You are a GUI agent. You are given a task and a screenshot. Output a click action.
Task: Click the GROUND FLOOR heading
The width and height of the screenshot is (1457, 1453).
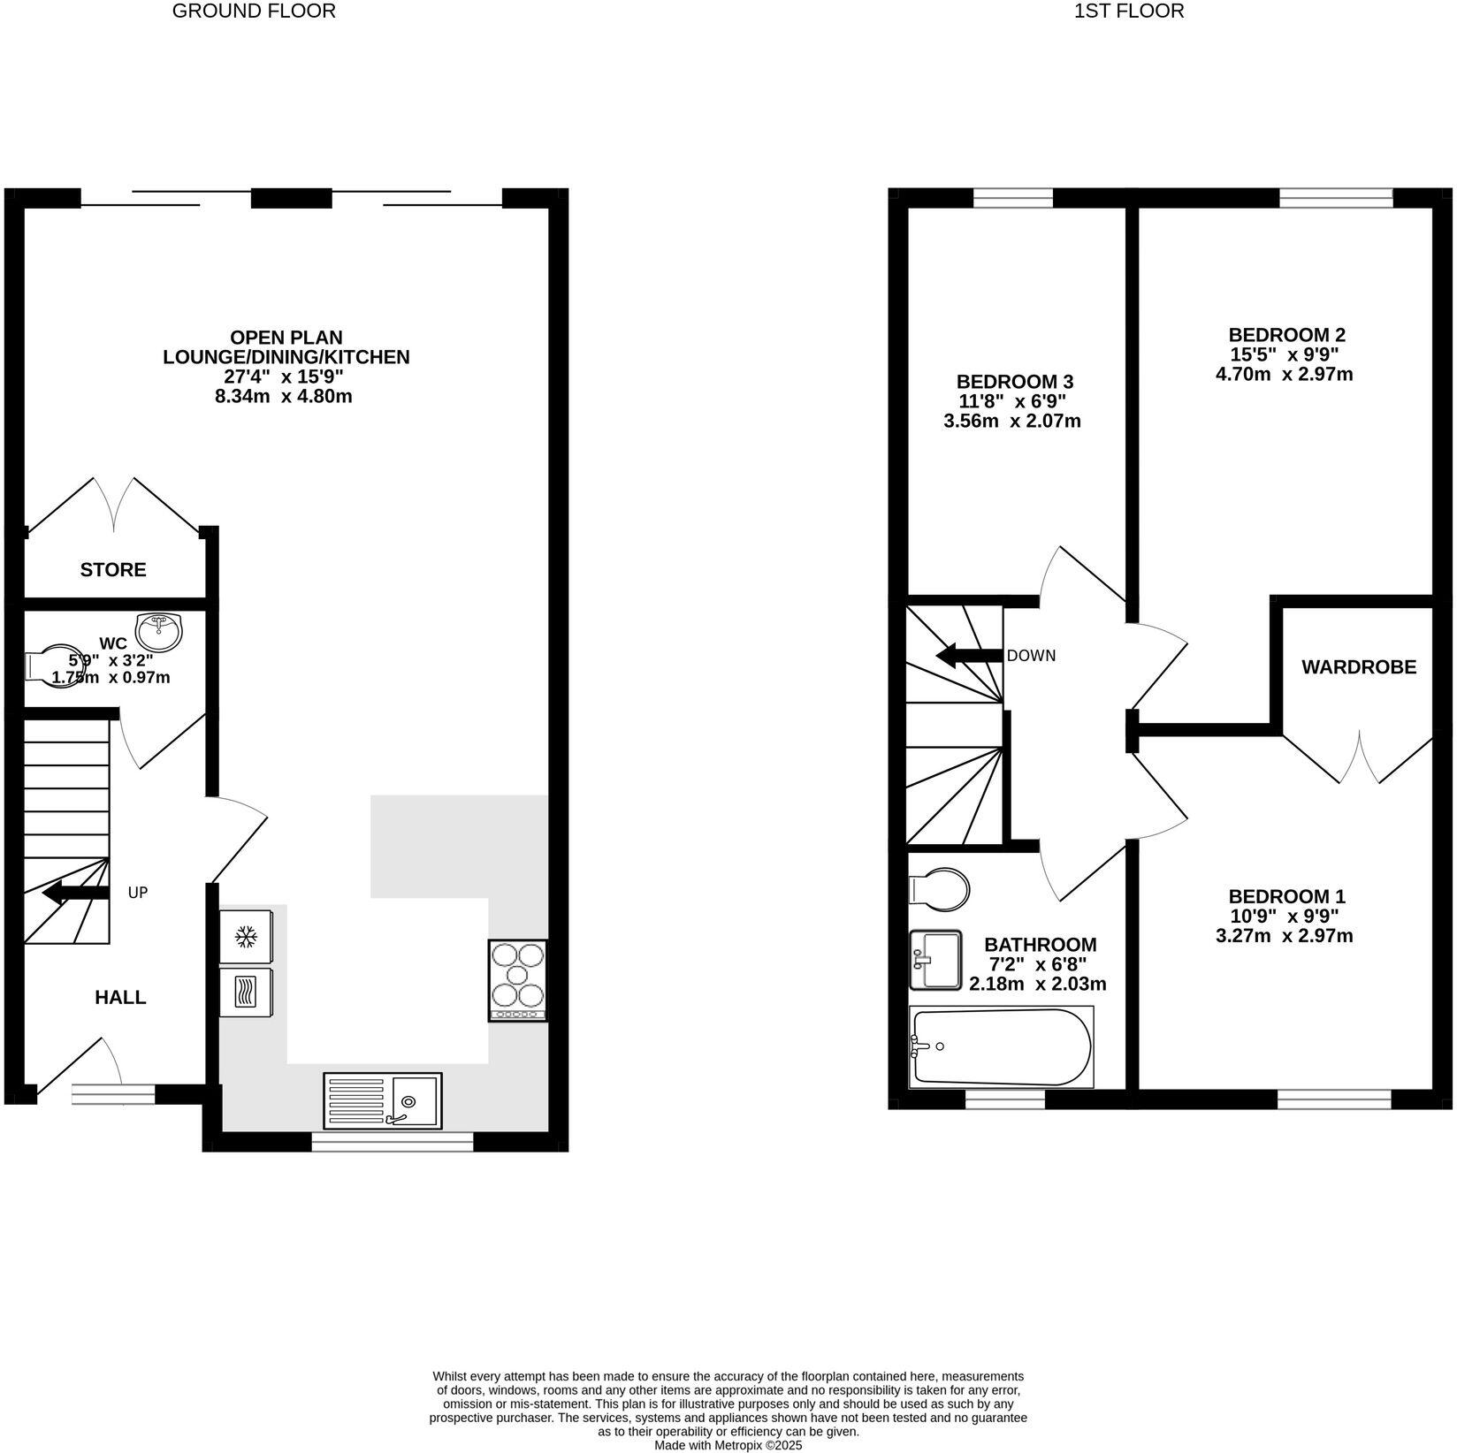point(254,11)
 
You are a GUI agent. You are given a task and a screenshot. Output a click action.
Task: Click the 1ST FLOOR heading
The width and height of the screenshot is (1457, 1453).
point(1128,11)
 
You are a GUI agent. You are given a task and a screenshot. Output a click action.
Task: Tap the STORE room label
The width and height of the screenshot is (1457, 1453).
point(113,570)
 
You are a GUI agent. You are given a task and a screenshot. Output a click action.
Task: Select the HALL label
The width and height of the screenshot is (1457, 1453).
point(120,998)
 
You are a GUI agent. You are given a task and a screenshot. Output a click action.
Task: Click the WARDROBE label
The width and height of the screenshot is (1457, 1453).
point(1358,667)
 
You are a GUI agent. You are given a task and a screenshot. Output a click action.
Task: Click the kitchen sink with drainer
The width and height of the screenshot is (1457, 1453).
point(382,1100)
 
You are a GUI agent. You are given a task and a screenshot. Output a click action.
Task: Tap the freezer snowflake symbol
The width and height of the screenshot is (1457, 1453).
point(245,937)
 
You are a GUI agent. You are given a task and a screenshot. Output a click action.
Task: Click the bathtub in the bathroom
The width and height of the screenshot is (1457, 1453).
point(1001,1047)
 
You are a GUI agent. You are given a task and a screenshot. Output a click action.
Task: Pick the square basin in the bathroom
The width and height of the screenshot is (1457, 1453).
point(935,960)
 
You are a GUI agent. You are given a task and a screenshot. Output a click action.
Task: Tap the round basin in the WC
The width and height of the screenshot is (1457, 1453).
point(160,630)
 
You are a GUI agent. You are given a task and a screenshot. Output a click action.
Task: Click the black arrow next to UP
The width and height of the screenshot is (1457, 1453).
point(75,893)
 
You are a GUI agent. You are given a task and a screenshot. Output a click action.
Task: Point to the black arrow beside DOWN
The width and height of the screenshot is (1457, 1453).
point(969,656)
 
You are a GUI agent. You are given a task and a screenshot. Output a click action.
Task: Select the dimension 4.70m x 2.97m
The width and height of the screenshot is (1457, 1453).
point(1284,374)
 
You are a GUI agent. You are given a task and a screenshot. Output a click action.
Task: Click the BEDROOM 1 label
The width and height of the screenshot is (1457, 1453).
point(1286,897)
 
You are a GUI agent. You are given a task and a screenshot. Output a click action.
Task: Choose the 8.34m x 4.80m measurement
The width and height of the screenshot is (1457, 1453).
point(284,397)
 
